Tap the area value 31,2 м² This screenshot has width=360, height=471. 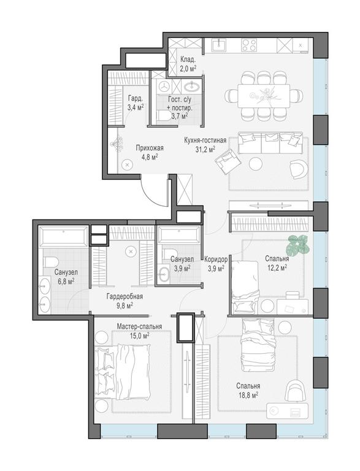click(x=205, y=148)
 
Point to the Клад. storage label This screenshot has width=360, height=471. click(x=188, y=59)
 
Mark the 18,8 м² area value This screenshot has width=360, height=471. click(x=248, y=395)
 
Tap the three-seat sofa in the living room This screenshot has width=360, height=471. click(x=271, y=145)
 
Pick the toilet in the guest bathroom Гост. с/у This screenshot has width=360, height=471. click(x=164, y=115)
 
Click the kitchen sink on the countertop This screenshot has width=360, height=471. click(x=218, y=45)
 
